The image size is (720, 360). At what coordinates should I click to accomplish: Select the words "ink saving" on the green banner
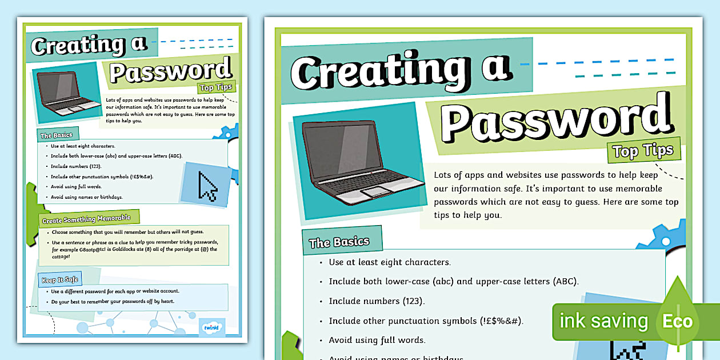pyautogui.click(x=603, y=321)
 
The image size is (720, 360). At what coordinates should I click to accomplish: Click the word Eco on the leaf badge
pyautogui.click(x=677, y=321)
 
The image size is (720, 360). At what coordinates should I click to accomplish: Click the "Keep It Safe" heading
pyautogui.click(x=59, y=280)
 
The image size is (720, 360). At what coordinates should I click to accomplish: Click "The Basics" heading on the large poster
pyautogui.click(x=339, y=242)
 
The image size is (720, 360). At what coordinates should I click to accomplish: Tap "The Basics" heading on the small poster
pyautogui.click(x=56, y=135)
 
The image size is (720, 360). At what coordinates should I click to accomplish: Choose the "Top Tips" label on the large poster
pyautogui.click(x=643, y=151)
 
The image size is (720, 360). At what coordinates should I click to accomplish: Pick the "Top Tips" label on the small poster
pyautogui.click(x=215, y=87)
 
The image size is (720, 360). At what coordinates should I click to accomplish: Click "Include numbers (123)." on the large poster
pyautogui.click(x=377, y=301)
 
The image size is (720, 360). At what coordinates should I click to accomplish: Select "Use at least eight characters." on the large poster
pyautogui.click(x=390, y=262)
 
